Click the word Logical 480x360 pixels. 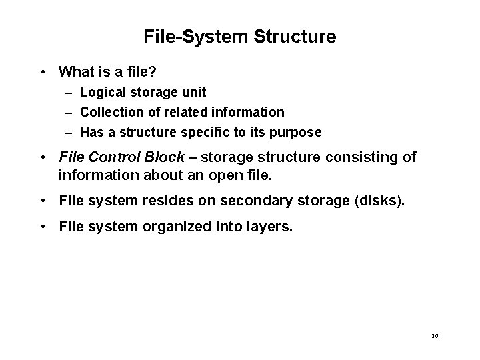104,92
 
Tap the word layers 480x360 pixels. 270,226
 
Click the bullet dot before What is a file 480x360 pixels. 42,71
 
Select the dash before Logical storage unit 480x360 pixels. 69,92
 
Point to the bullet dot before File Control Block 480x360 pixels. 42,158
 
